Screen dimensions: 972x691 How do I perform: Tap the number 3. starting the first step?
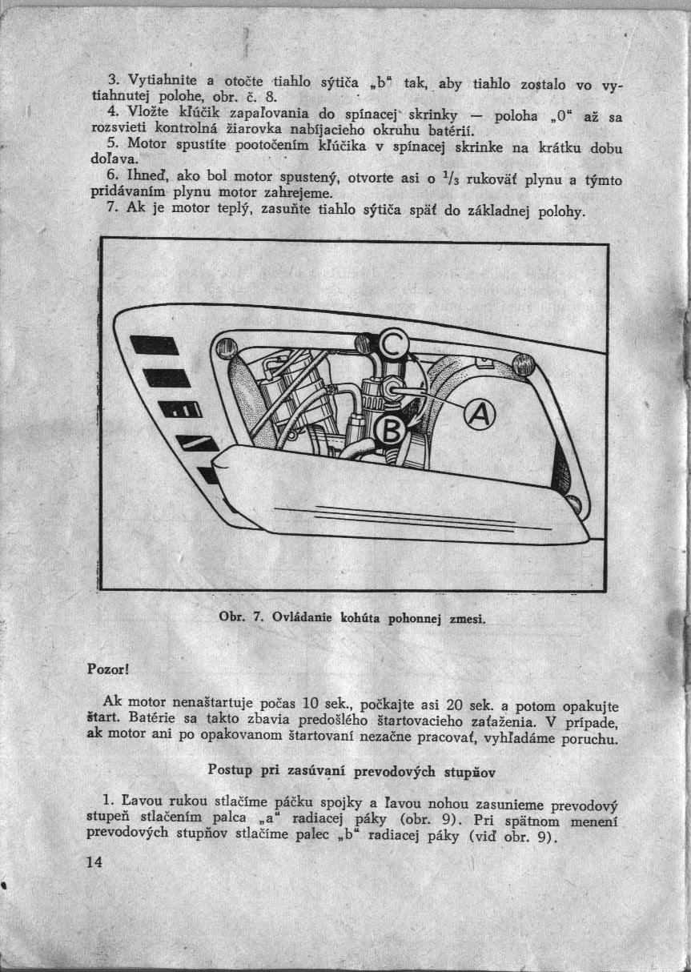pyautogui.click(x=113, y=80)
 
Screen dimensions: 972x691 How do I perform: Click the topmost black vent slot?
pyautogui.click(x=155, y=345)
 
